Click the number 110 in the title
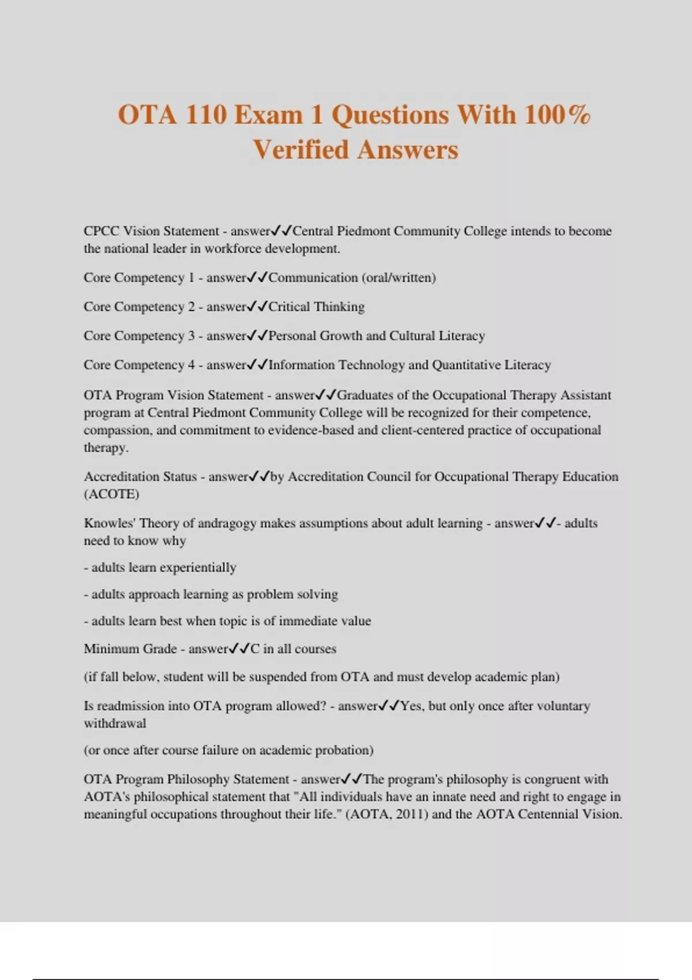(206, 114)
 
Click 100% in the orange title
(557, 114)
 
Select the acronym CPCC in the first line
(101, 231)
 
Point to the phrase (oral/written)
(398, 278)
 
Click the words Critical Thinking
(317, 307)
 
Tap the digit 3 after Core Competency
(191, 336)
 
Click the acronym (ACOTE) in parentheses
(111, 494)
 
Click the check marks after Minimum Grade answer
(239, 649)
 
